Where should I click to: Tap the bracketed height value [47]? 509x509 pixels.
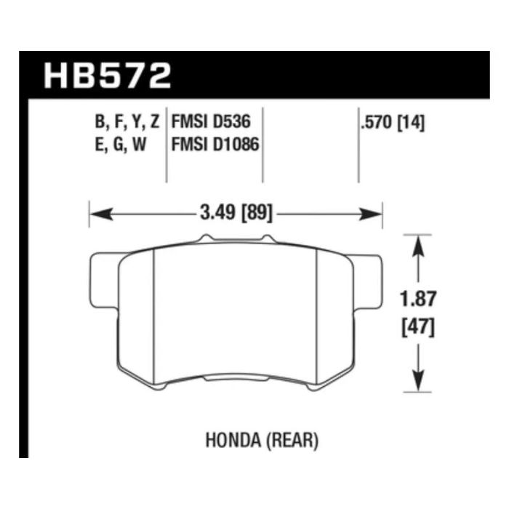(417, 327)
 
